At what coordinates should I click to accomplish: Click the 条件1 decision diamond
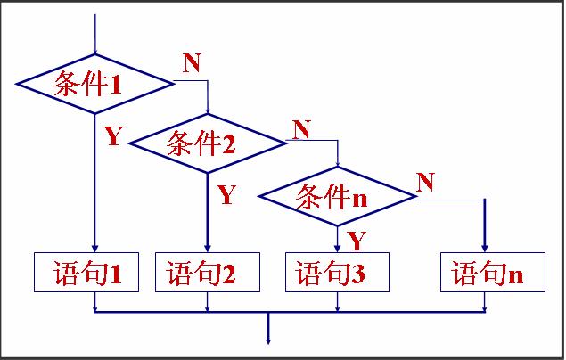click(x=94, y=84)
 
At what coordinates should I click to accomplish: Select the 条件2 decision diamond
click(x=208, y=142)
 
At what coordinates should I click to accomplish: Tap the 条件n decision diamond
click(x=338, y=197)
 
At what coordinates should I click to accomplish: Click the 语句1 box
click(x=87, y=273)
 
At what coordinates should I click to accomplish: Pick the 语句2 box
click(x=208, y=273)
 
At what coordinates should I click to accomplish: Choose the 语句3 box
click(x=338, y=273)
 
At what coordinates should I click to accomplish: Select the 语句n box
click(x=486, y=273)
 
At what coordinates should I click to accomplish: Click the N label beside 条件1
click(x=192, y=62)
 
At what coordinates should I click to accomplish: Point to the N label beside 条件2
click(x=301, y=129)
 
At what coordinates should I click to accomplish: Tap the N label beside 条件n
click(x=425, y=183)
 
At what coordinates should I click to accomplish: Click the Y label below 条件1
click(x=112, y=136)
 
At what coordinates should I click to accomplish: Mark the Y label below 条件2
click(x=226, y=194)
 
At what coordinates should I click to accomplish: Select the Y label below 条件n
click(x=356, y=240)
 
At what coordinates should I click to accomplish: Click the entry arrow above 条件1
click(x=94, y=36)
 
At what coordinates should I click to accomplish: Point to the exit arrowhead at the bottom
click(x=267, y=338)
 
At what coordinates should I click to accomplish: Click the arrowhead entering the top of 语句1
click(x=94, y=249)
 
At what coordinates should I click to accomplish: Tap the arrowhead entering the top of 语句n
click(x=486, y=249)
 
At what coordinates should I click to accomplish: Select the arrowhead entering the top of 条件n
click(x=338, y=166)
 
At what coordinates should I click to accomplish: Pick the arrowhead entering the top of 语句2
click(x=208, y=249)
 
